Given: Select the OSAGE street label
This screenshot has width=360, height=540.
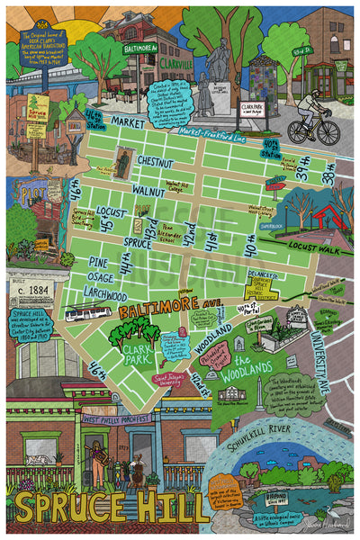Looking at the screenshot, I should (102, 276).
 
